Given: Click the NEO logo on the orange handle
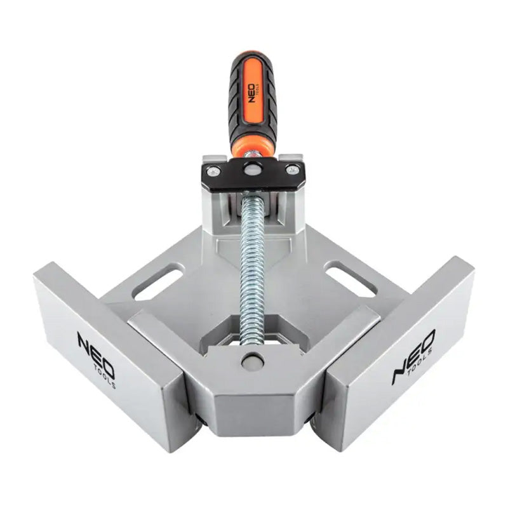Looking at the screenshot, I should click(251, 93).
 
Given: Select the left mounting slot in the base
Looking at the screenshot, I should click(157, 283).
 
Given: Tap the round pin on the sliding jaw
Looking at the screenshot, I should click(252, 360).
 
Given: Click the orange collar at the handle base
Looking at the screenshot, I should click(252, 148).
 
